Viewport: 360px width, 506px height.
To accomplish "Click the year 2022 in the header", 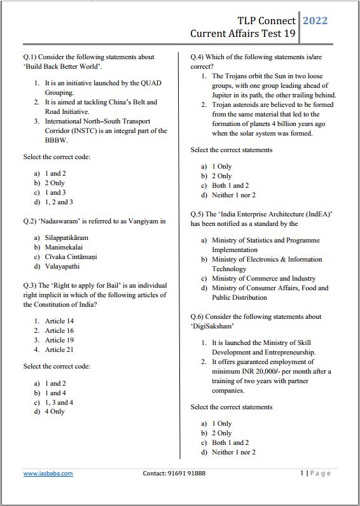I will (x=315, y=20).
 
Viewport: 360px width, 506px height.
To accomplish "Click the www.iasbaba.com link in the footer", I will (x=48, y=474).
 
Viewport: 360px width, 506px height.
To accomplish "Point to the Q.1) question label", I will (x=30, y=57).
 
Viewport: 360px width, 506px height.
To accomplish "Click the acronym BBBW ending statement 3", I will (x=56, y=140).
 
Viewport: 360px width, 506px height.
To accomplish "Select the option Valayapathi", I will (x=62, y=266).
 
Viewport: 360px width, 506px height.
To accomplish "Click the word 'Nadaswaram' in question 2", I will (x=64, y=221).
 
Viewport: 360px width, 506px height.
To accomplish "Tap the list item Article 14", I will (x=59, y=321).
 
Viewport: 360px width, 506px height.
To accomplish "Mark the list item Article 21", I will (x=59, y=349).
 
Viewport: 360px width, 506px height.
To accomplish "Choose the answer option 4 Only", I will (x=55, y=412).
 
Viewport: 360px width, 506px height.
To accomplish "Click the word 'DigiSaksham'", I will (x=209, y=326).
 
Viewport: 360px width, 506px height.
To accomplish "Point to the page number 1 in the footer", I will (x=301, y=473).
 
